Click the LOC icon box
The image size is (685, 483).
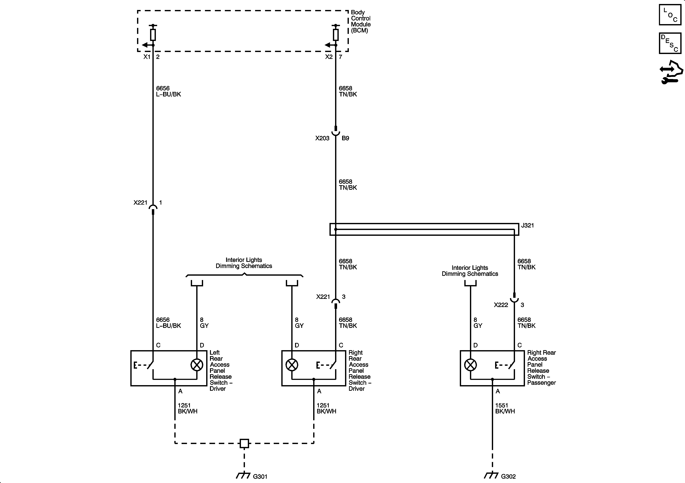point(670,15)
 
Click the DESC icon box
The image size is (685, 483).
point(670,43)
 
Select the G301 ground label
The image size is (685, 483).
point(260,476)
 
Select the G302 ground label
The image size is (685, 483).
point(508,476)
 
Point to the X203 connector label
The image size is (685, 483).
point(322,138)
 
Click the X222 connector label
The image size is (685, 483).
point(501,305)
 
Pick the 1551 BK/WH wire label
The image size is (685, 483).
point(505,408)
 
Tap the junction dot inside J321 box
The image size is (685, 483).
point(336,229)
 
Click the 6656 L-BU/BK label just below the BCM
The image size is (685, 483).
point(168,91)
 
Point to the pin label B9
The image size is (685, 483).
point(345,138)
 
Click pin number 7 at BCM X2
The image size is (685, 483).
point(340,57)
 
